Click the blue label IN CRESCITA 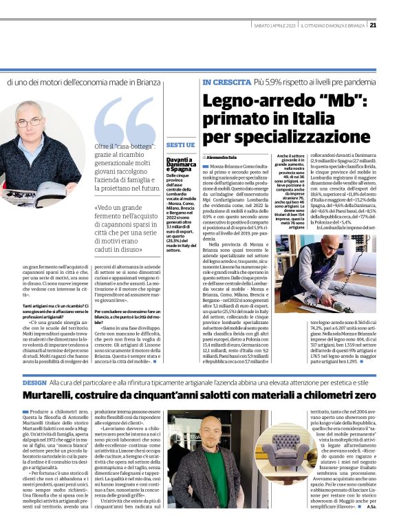click(x=226, y=83)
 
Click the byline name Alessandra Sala click(x=227, y=158)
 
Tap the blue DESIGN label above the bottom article click(x=34, y=381)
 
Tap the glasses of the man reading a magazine click(x=30, y=123)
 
